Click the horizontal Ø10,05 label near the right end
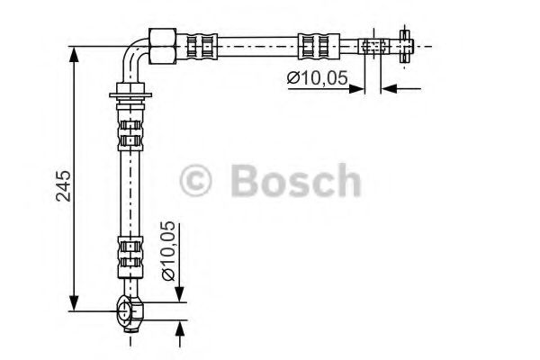coord(317,79)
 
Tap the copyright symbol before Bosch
coord(195,181)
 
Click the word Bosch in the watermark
coord(296,181)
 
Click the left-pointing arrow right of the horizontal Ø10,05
coord(388,87)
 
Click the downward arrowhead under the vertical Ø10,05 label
coord(179,296)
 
